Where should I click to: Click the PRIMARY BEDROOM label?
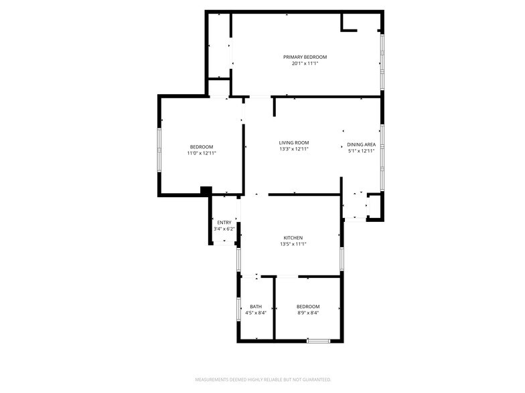tap(305, 57)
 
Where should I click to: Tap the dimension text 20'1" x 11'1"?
tap(305, 63)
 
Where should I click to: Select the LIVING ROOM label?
tap(294, 143)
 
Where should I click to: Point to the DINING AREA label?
tap(362, 144)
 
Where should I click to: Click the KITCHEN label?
tap(293, 238)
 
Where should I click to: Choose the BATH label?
tap(256, 307)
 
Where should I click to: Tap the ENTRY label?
tap(224, 223)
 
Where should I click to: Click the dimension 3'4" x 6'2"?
tap(224, 229)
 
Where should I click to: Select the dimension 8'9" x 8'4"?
tap(308, 313)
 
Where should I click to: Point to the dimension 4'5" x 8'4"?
tap(256, 313)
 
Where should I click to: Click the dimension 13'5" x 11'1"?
tap(293, 245)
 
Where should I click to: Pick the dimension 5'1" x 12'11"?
tap(362, 151)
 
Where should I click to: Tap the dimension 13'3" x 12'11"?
tap(294, 149)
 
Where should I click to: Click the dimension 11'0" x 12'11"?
tap(202, 154)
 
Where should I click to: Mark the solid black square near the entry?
tap(206, 190)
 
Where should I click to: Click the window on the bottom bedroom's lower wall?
tap(319, 341)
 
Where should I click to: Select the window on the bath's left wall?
tap(238, 309)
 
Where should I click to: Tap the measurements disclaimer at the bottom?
tap(263, 380)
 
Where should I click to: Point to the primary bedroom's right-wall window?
tap(382, 61)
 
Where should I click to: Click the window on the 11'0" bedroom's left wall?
tap(159, 150)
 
